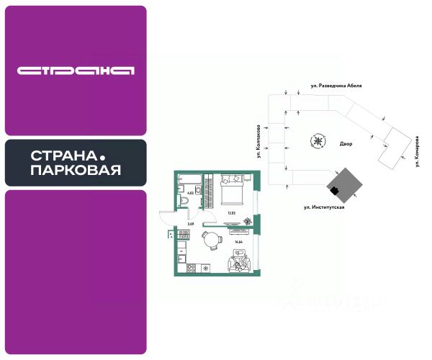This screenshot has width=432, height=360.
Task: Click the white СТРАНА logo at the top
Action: [x=76, y=71]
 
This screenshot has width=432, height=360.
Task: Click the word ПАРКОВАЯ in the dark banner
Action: [x=76, y=171]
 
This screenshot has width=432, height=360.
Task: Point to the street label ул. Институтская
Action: [x=324, y=207]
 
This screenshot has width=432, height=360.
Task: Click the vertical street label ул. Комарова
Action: [x=417, y=151]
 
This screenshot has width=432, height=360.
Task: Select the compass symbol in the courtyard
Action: [x=318, y=140]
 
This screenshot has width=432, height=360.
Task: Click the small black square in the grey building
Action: [x=333, y=189]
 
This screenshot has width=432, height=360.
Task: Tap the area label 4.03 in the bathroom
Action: [x=191, y=192]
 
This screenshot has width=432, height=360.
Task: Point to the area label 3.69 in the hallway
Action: [x=191, y=225]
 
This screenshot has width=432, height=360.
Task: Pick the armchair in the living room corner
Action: [x=237, y=265]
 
